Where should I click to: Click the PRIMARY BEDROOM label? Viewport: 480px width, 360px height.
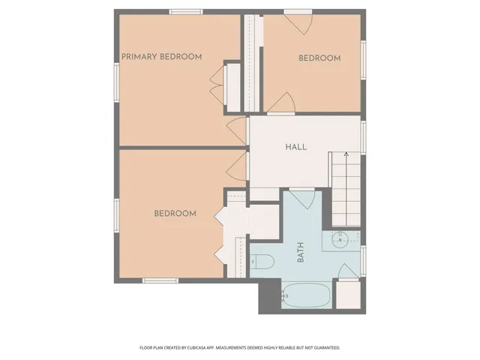(162, 57)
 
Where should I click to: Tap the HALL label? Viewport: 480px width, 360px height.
(295, 147)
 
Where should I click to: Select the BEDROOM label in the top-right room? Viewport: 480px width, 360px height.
(319, 58)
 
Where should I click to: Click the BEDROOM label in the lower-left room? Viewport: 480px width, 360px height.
(175, 214)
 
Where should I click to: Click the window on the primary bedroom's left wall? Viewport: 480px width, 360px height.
(116, 80)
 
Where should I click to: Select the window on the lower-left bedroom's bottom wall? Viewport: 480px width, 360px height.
(160, 281)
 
